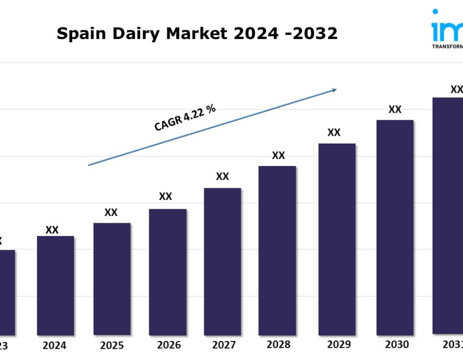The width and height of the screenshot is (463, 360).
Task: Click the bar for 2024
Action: click(56, 285)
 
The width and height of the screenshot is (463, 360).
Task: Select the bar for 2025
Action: click(112, 278)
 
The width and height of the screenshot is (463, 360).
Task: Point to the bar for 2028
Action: click(277, 250)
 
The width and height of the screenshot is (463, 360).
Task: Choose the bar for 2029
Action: click(337, 239)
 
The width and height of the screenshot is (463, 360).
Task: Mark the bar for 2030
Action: click(395, 227)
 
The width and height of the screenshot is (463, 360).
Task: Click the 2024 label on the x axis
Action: click(55, 345)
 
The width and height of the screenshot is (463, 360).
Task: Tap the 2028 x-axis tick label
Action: click(278, 344)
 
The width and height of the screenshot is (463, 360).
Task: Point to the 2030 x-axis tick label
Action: click(397, 344)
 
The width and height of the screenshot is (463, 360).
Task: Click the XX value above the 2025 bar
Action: click(111, 212)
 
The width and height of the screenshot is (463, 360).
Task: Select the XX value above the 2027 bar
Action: click(222, 176)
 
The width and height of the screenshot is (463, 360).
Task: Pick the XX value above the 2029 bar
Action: click(334, 132)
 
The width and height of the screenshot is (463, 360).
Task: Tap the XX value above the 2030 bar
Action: click(395, 109)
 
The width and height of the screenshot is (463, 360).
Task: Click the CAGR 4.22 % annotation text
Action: click(185, 118)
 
